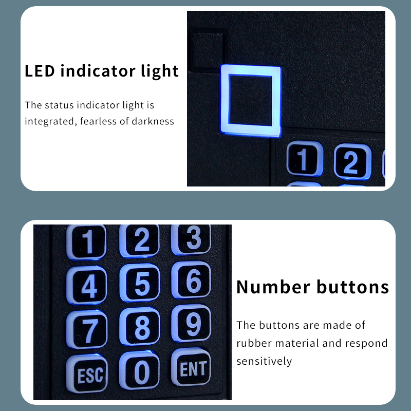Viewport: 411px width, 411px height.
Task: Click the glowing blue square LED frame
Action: point(225,101)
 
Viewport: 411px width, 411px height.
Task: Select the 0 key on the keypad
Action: point(139,370)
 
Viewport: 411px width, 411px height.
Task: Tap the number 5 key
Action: point(139,283)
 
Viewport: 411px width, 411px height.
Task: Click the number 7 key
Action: point(87,329)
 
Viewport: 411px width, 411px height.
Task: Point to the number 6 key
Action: point(191,280)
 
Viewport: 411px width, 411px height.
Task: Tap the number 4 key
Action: point(87,285)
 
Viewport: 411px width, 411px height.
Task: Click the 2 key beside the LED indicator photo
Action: point(352,162)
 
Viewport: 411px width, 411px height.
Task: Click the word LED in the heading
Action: point(40,71)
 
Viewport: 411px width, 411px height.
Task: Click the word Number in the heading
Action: point(273,287)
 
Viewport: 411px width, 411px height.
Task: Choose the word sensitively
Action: point(264,361)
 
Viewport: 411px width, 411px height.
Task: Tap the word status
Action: point(59,105)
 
